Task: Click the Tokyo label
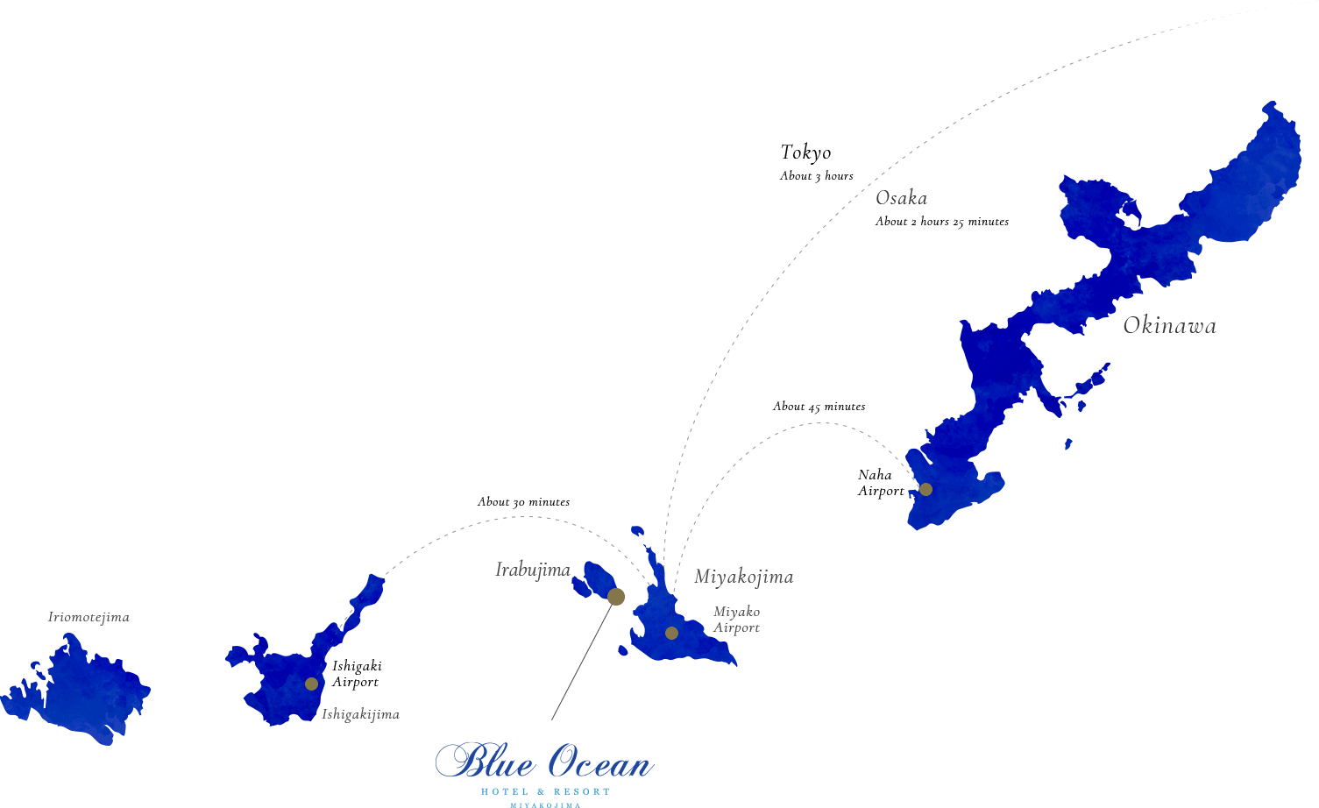pos(805,152)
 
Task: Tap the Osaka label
pos(901,198)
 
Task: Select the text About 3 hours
pos(816,176)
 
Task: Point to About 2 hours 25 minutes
pos(941,222)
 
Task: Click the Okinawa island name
pos(1169,326)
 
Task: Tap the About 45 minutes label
pos(819,407)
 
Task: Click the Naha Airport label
pos(880,483)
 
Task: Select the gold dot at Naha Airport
pos(925,489)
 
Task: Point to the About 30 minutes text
pos(523,502)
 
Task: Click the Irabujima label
pos(533,570)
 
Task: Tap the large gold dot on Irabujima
pos(616,597)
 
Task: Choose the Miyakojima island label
pos(743,577)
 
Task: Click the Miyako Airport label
pos(736,620)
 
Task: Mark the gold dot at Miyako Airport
pos(671,633)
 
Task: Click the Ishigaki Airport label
pos(356,674)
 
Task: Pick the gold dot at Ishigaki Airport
pos(311,684)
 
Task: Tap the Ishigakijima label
pos(360,714)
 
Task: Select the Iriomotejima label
pos(89,617)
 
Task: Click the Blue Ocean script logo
pos(544,762)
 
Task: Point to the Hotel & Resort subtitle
pos(545,792)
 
